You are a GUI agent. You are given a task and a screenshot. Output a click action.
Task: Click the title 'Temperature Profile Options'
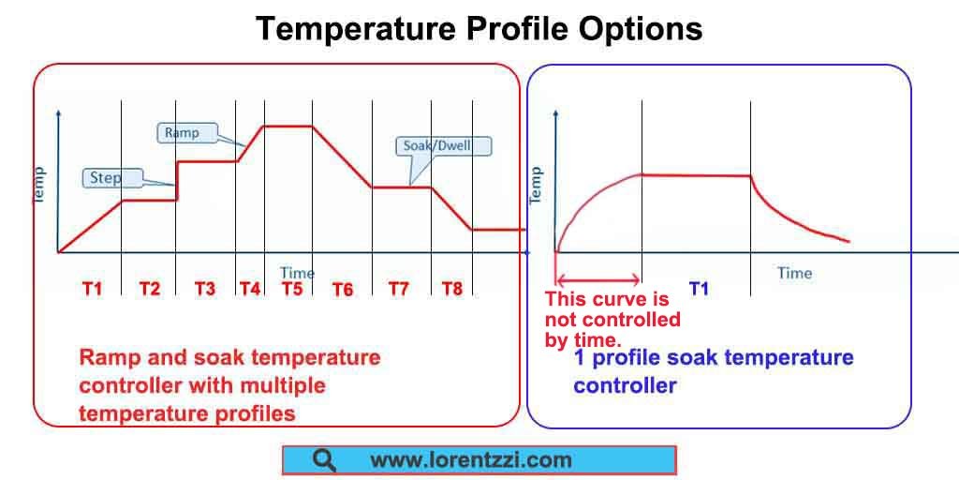(479, 29)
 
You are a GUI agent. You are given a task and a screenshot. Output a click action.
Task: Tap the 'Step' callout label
(106, 177)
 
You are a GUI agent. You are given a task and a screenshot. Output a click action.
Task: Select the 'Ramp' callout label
(182, 133)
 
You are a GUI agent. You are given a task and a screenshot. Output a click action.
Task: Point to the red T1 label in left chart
(92, 289)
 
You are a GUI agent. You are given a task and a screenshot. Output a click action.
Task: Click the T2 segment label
(149, 289)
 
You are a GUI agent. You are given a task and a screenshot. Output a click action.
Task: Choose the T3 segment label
(204, 289)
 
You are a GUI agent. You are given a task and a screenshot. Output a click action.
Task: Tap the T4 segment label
(249, 289)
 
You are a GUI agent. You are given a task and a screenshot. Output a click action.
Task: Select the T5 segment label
(292, 289)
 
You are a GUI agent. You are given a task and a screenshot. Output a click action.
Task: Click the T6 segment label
(343, 290)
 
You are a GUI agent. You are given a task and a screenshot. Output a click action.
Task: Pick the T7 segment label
(399, 289)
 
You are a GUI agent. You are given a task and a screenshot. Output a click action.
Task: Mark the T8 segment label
(451, 289)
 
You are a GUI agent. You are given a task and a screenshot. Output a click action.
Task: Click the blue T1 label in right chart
(699, 289)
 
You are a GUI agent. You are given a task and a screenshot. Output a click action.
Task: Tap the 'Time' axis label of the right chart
(794, 273)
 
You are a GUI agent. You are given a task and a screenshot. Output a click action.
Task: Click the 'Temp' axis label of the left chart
(40, 185)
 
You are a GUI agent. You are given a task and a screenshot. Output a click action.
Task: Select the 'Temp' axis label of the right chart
(537, 185)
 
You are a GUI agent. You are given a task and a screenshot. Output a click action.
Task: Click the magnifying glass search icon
(325, 460)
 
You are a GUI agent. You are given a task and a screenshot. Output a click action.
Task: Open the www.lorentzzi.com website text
(470, 460)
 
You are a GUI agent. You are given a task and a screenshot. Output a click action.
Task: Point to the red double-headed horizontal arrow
(598, 278)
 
